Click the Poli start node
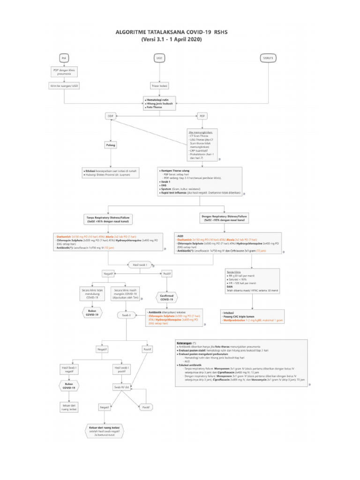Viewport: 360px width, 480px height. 64,58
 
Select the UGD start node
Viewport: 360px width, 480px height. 159,58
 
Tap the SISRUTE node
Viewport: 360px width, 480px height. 269,58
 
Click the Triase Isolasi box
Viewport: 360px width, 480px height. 159,86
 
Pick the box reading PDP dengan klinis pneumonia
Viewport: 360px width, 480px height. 64,72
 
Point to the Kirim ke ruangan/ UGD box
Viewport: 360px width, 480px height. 64,86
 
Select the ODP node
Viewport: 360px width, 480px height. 111,115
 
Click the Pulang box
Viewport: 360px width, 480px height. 111,145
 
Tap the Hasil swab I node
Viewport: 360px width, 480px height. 141,265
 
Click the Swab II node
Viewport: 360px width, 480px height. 126,315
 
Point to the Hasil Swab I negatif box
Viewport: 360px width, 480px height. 69,369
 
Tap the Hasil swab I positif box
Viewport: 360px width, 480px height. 123,369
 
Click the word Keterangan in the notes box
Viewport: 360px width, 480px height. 185,343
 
